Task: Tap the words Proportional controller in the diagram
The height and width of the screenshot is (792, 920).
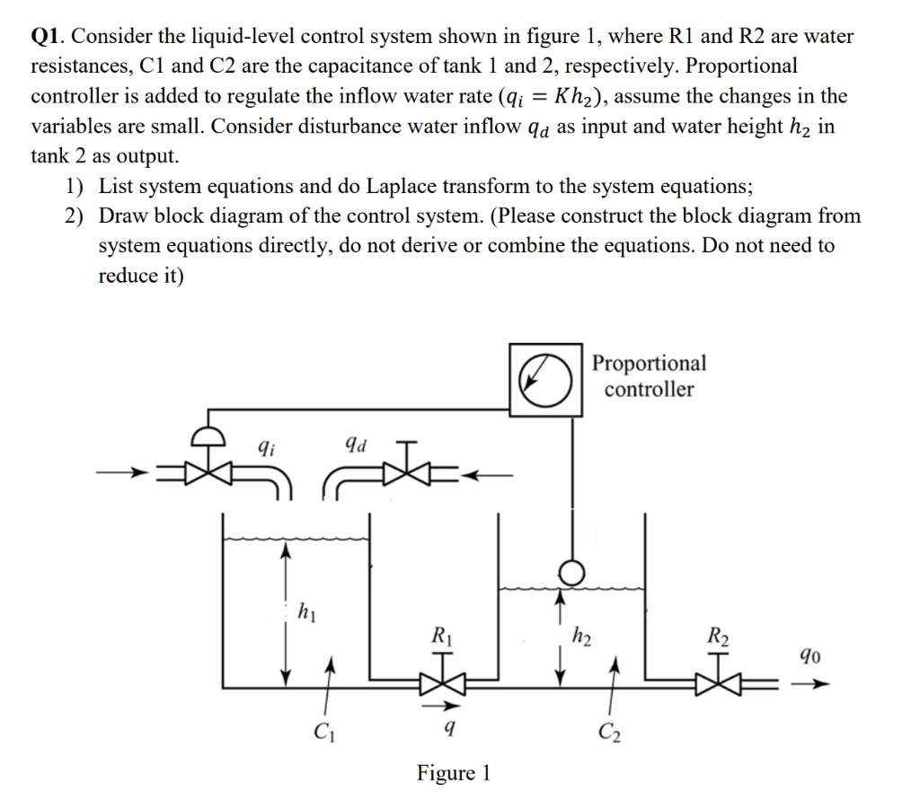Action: click(649, 375)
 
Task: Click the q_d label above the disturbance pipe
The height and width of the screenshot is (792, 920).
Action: click(355, 444)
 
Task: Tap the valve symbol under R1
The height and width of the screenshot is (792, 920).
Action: click(441, 684)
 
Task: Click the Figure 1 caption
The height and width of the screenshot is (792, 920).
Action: click(454, 772)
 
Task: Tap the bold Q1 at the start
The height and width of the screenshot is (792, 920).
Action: click(47, 37)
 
